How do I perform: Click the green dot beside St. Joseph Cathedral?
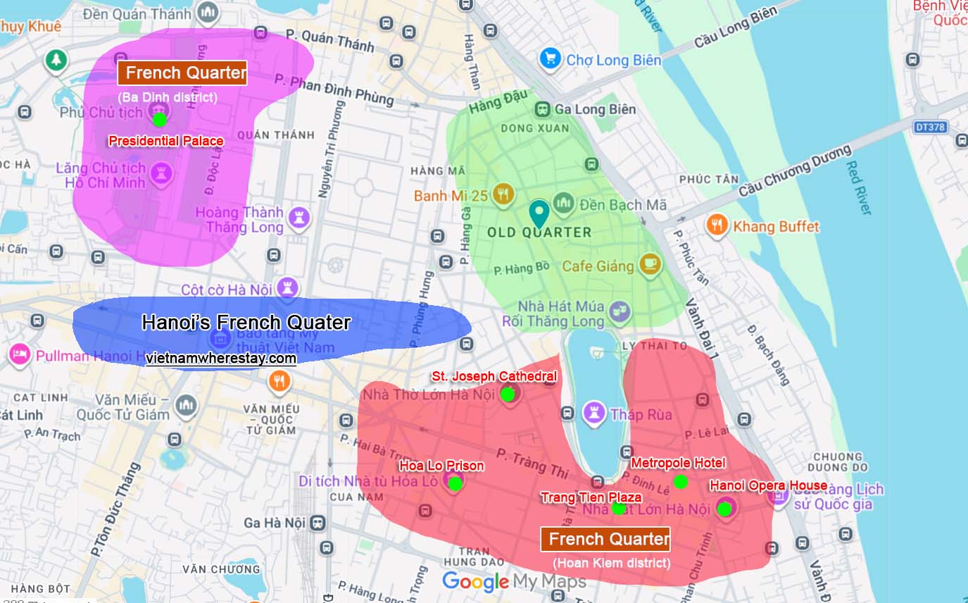pos(507,394)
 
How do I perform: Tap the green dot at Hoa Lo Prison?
pos(455,483)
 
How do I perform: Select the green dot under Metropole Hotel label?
pos(680,482)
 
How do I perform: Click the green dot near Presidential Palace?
pos(160,119)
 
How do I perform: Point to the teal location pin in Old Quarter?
pos(539,213)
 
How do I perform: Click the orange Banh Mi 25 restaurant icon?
pos(502,195)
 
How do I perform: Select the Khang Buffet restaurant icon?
pos(717,226)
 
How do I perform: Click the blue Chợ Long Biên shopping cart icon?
pos(550,59)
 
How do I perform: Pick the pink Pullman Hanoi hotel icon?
pos(19,354)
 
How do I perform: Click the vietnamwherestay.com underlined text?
pos(221,359)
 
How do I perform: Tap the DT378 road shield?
pos(930,128)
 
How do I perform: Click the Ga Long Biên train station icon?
pos(542,109)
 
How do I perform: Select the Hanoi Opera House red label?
pos(768,485)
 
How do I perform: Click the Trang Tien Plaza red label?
pos(591,497)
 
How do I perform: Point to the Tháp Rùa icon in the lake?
pos(594,414)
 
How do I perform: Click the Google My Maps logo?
pos(514,582)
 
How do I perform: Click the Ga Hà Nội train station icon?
pos(318,523)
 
